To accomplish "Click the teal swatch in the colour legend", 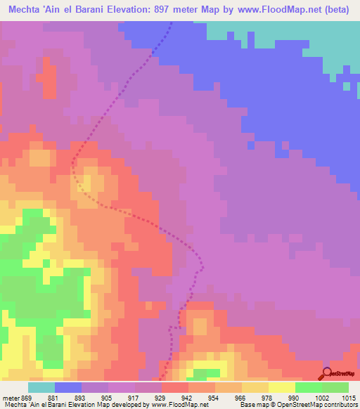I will point(41,387).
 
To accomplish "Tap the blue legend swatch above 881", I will point(68,387).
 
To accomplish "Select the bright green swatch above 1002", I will point(308,387).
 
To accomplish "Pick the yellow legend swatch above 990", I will point(281,387).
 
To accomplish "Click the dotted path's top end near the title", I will point(172,23).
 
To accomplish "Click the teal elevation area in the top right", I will point(295,35).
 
